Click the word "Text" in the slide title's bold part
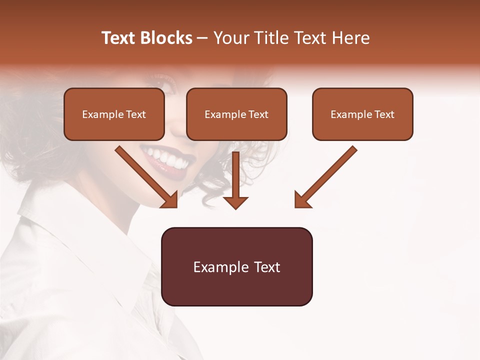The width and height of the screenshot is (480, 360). point(118,38)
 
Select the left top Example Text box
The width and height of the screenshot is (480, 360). point(114,114)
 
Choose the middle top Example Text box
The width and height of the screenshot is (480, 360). point(236,114)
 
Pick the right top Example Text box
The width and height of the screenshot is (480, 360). point(362,114)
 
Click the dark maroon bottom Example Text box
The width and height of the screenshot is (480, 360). point(236,266)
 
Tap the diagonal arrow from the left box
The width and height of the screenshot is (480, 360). point(145,175)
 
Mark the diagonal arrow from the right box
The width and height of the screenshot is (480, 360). point(327,175)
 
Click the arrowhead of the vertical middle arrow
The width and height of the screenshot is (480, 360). point(236,202)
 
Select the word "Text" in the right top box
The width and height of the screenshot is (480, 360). point(384,114)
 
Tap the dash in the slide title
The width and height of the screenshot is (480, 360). point(202,38)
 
